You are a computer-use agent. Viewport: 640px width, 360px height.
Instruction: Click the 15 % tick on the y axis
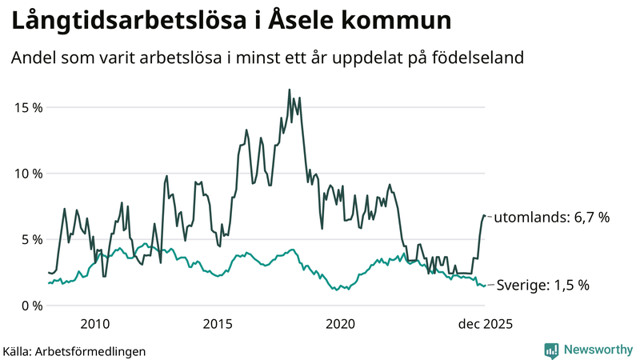[27, 107]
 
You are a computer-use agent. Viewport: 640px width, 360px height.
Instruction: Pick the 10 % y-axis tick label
[27, 174]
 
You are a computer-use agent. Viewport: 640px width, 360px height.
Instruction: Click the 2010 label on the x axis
[95, 324]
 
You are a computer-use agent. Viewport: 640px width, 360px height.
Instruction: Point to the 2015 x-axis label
[218, 324]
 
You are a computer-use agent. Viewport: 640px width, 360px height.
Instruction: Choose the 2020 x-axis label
[341, 324]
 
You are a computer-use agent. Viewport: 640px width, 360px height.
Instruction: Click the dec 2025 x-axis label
[484, 324]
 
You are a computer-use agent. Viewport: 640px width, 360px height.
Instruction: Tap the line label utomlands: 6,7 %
[551, 218]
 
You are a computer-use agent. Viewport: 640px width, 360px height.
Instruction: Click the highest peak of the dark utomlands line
[289, 90]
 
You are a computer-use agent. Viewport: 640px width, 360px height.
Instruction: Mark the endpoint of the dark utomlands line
[485, 216]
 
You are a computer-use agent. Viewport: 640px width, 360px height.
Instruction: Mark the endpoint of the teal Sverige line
[485, 285]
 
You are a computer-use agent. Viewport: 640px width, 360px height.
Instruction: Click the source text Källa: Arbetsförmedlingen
[74, 350]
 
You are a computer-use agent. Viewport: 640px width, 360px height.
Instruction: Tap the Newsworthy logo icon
[551, 350]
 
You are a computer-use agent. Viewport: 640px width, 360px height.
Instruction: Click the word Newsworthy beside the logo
[597, 350]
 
